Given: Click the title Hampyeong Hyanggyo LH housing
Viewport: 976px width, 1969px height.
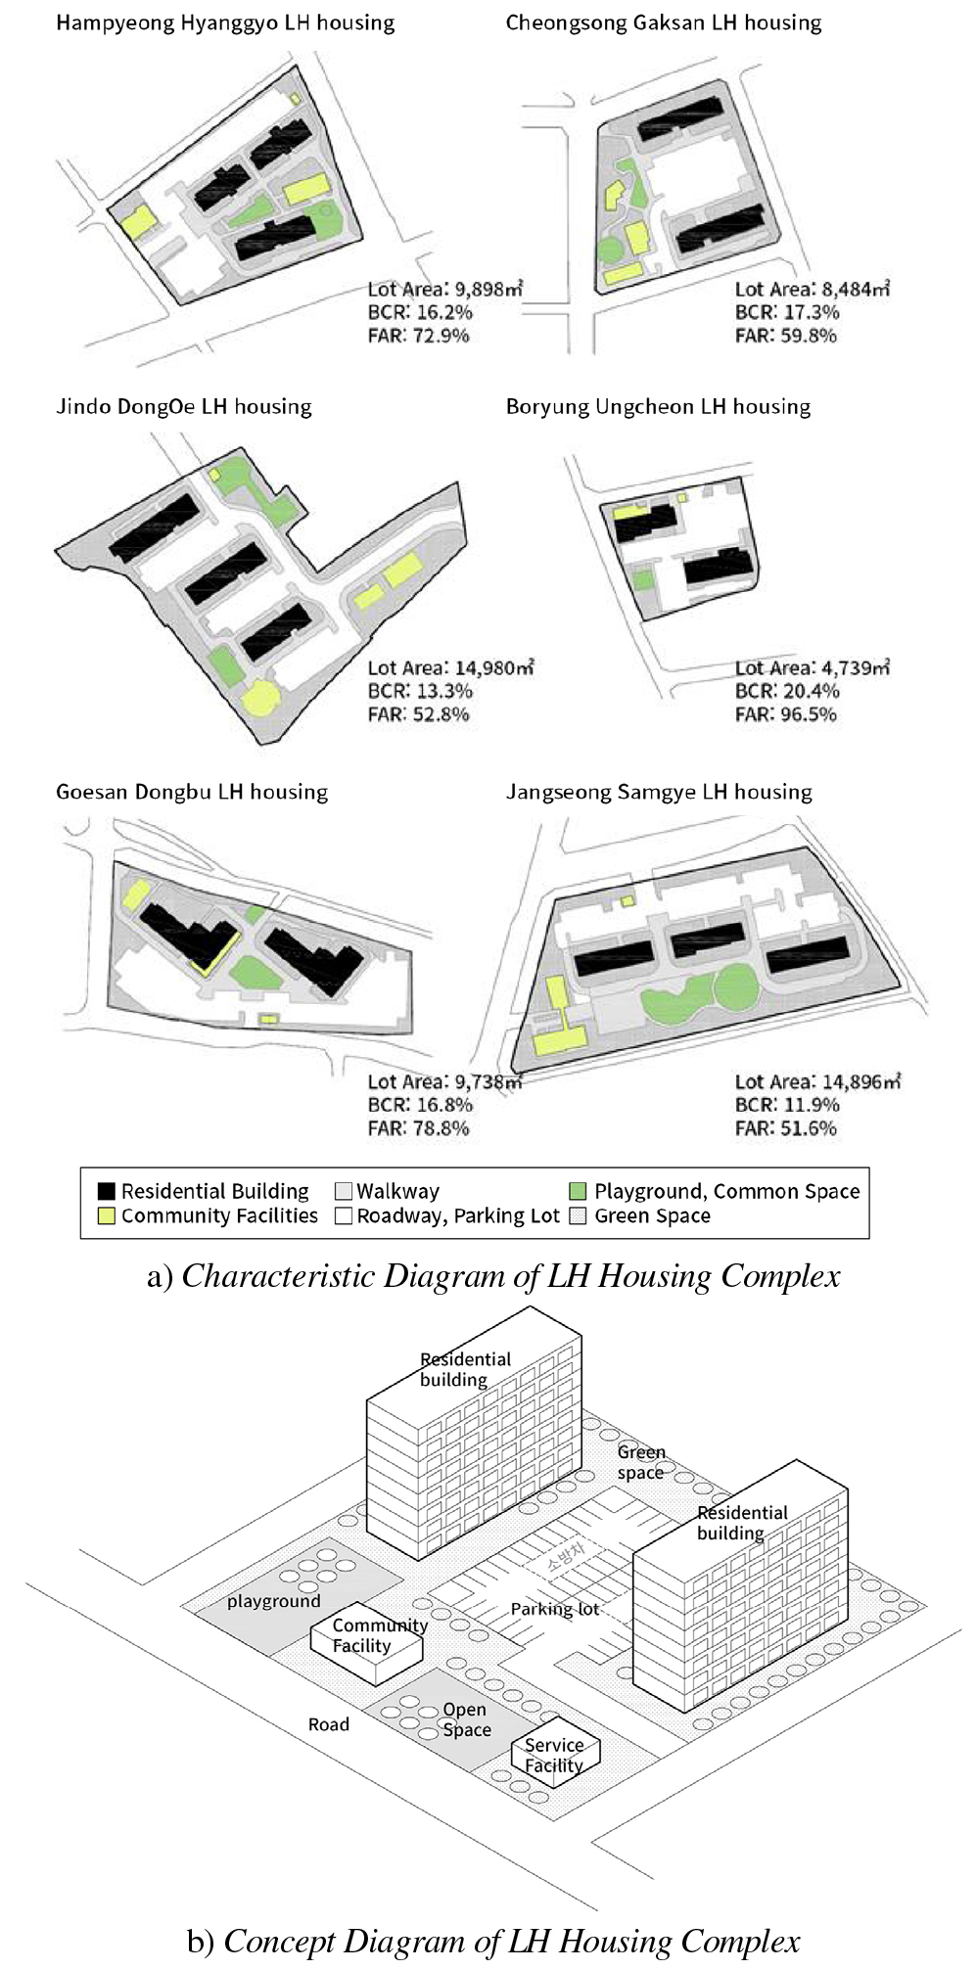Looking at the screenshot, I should click(x=225, y=23).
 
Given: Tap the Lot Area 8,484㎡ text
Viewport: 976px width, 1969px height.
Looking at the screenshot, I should click(x=812, y=289).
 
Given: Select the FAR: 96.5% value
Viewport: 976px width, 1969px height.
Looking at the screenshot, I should click(x=785, y=714).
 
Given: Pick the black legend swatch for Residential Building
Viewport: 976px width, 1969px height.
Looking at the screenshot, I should click(x=107, y=1191).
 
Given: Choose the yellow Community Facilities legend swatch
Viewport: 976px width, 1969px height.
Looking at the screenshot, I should click(x=107, y=1216).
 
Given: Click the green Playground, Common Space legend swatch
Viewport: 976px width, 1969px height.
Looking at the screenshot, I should click(x=578, y=1191).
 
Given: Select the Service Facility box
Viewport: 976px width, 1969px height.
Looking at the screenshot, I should click(x=555, y=1755).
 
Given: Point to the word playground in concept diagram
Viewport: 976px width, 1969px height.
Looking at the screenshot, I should click(x=273, y=1601).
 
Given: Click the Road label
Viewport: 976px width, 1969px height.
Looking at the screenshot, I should click(x=329, y=1724).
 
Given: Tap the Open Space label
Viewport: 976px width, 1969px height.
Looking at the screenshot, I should click(x=466, y=1719).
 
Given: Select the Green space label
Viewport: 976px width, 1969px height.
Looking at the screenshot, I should click(x=640, y=1462).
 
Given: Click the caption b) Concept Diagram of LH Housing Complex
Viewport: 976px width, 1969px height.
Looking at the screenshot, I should click(x=493, y=1942).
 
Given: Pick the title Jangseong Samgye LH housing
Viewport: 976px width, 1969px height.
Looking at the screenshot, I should click(x=659, y=792).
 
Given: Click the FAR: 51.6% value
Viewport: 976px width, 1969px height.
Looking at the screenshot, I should click(x=785, y=1128).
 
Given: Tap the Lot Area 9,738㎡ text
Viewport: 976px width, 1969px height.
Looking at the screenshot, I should click(x=444, y=1081).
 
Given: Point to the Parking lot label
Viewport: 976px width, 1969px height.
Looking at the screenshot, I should click(x=554, y=1609).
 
